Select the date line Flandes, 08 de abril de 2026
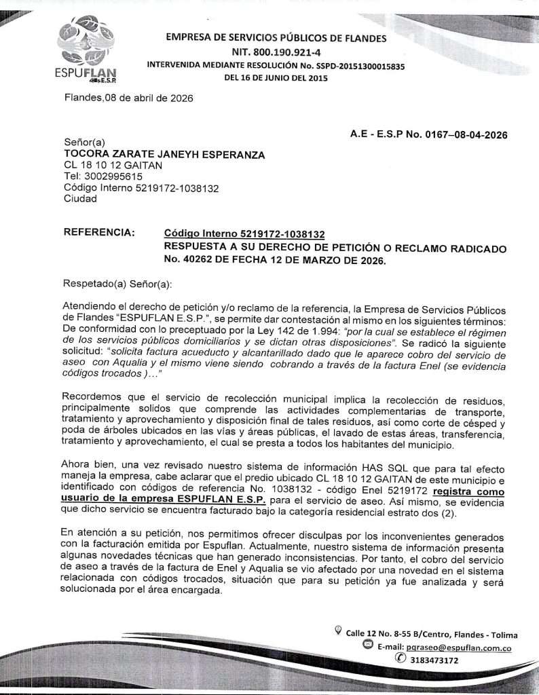pos(128,98)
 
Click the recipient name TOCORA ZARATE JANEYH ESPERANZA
pos(164,155)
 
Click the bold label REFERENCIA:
pos(99,232)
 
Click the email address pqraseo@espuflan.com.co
pos(458,647)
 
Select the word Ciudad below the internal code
pos(80,199)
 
